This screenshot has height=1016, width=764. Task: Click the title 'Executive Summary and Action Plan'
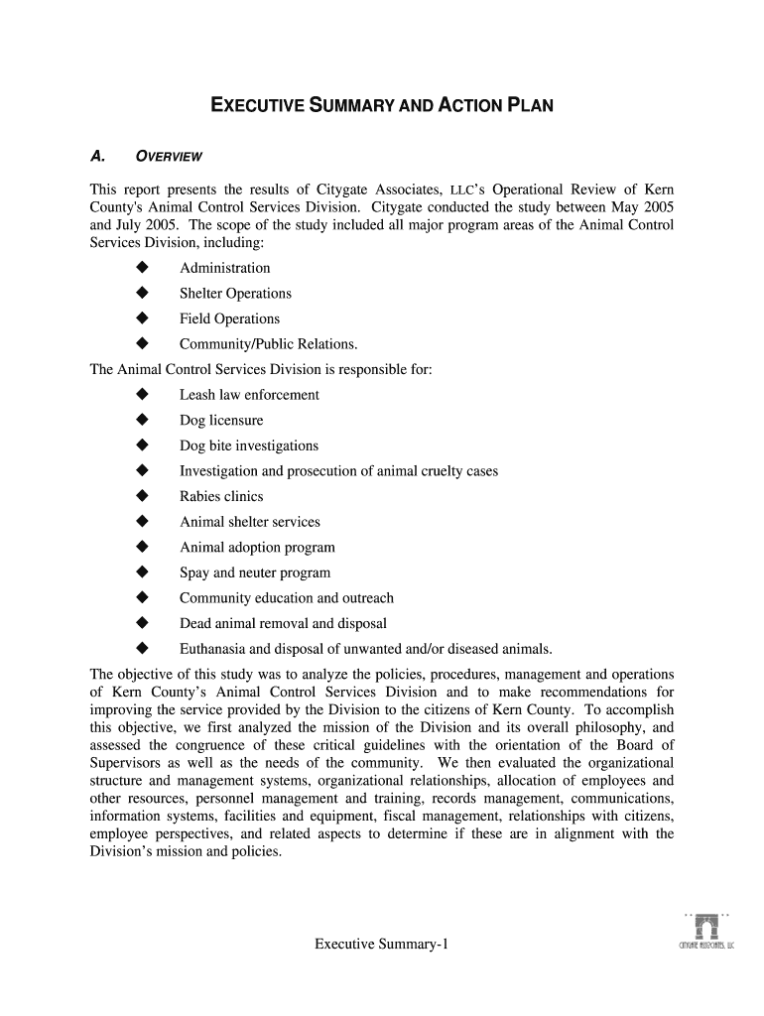point(381,104)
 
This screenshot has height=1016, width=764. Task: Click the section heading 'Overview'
point(169,156)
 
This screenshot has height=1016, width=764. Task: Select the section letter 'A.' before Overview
point(97,156)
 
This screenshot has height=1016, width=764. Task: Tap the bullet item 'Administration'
point(224,268)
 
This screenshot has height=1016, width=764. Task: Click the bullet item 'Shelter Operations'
point(235,294)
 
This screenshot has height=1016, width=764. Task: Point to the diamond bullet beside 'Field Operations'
point(142,318)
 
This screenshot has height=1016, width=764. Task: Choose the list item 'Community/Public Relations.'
point(268,344)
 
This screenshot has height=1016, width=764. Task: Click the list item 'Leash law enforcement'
point(249,395)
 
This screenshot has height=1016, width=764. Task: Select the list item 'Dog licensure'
point(221,421)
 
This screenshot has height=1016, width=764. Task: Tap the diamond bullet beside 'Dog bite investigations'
point(142,445)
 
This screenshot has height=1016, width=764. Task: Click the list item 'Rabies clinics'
point(221,496)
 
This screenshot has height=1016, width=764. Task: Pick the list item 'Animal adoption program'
point(257,548)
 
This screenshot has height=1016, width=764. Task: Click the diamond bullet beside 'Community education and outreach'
point(142,598)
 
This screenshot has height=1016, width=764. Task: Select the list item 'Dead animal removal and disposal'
point(283,624)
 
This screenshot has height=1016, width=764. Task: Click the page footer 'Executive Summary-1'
point(382,944)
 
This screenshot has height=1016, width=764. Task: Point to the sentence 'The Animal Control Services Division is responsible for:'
point(261,369)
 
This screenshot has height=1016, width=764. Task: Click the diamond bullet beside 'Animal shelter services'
point(142,522)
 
